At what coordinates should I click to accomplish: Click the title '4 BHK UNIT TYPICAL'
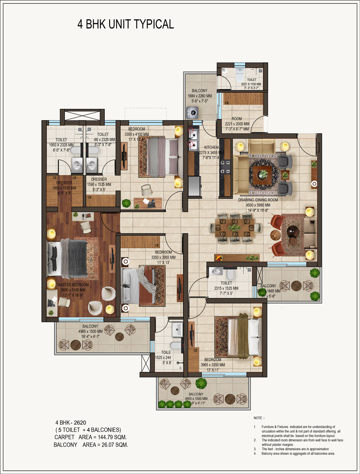[x=126, y=24]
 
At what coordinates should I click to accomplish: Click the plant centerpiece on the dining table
[x=234, y=227]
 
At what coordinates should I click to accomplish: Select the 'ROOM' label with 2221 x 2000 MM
[x=238, y=119]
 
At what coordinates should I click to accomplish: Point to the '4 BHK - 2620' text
[x=71, y=422]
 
